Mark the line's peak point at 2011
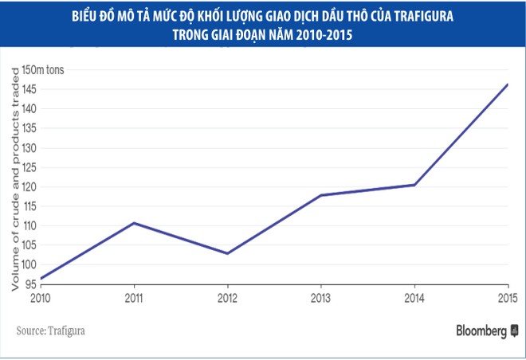tap(134, 222)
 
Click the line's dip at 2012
tap(228, 253)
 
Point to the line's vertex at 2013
tap(320, 195)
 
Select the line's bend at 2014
tap(414, 185)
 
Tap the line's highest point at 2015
tap(508, 84)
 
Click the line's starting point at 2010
tap(40, 279)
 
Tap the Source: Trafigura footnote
tap(49, 328)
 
